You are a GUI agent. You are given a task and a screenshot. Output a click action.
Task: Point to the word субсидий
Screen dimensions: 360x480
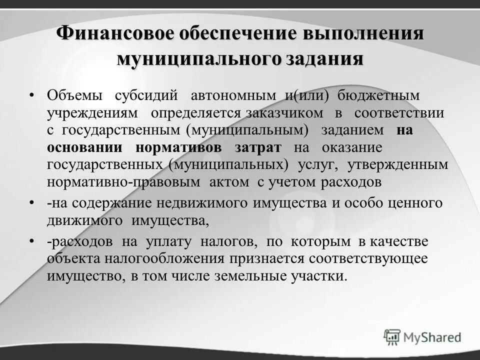click(x=146, y=95)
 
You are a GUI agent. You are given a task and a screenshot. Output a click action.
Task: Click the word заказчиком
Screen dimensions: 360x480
click(x=284, y=112)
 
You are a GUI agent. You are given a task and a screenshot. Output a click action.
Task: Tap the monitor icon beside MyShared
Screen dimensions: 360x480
click(x=392, y=336)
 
